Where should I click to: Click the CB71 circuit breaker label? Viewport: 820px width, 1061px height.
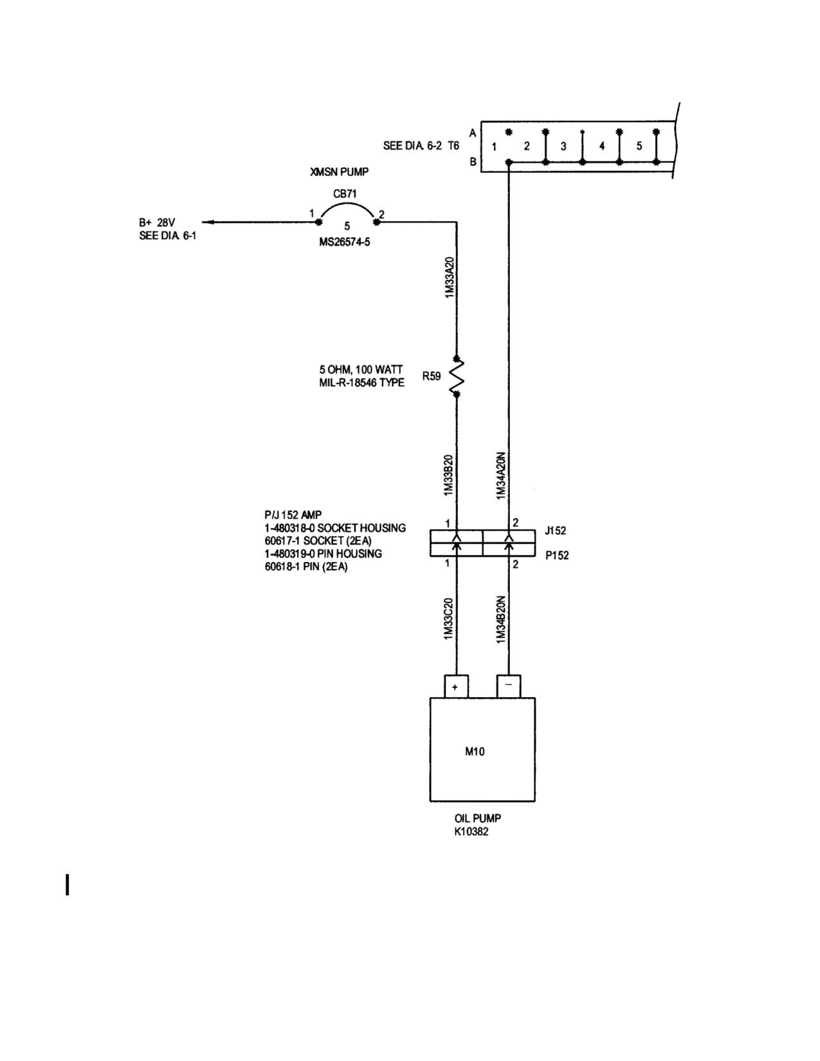pos(345,194)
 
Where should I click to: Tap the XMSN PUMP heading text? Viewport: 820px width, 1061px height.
pos(340,172)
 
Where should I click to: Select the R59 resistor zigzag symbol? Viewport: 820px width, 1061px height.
pos(457,376)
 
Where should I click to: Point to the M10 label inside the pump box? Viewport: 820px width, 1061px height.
pos(475,752)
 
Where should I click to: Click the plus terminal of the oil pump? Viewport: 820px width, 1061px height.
pos(456,687)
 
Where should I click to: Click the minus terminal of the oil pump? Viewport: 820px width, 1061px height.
pos(509,687)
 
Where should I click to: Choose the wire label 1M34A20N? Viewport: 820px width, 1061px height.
pos(501,476)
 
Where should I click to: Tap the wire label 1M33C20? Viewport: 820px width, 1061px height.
pos(448,619)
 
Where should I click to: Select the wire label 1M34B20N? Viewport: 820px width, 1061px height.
pos(500,620)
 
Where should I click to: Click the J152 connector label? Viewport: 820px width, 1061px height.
pos(555,530)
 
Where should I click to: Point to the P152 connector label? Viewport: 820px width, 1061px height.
pos(557,556)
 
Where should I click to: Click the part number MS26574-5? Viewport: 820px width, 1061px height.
pos(344,242)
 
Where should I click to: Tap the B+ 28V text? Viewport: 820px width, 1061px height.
pos(157,223)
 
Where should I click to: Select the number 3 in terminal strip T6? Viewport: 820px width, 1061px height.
pos(563,146)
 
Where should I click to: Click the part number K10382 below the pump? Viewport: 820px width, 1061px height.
pos(471,832)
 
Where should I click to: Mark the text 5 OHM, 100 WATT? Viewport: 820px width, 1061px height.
pos(361,370)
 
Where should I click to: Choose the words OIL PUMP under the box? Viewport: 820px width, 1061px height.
pos(478,819)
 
